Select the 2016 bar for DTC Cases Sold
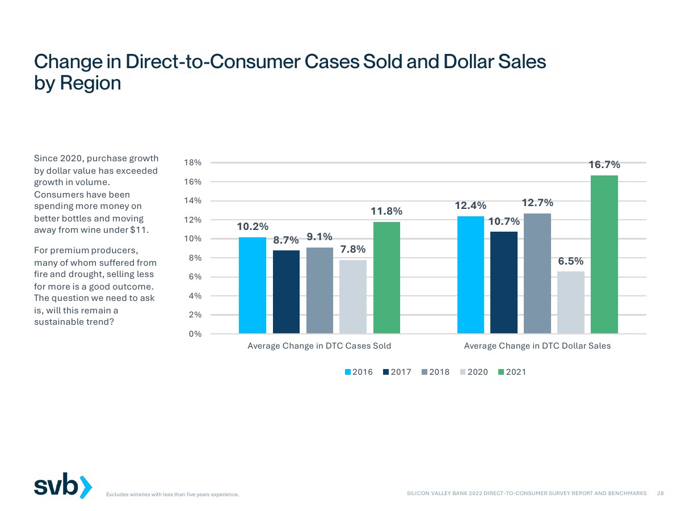(x=253, y=285)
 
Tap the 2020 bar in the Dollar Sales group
(x=570, y=302)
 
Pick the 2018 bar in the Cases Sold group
(x=320, y=290)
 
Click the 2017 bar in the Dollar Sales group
(x=504, y=282)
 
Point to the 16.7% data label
(x=604, y=165)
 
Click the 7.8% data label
(x=353, y=249)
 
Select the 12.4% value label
(x=470, y=206)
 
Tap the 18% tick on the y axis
(x=194, y=163)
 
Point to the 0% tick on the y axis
(x=196, y=334)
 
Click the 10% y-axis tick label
(x=194, y=239)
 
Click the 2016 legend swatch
(x=348, y=372)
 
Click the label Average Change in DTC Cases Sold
(x=319, y=345)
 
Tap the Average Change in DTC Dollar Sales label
(x=537, y=345)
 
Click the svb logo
(x=62, y=486)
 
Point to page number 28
(x=660, y=493)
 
